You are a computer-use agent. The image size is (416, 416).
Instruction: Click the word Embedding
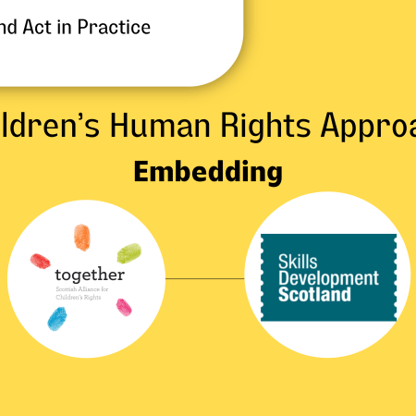[207, 172]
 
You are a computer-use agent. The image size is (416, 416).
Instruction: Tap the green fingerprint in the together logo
[128, 252]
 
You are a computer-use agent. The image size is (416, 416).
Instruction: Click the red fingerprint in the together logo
[40, 261]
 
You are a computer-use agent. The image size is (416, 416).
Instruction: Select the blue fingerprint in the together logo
[56, 318]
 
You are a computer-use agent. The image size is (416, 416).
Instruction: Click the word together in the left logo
[89, 275]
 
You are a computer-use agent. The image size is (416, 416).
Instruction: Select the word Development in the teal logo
[329, 277]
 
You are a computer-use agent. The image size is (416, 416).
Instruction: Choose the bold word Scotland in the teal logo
[315, 295]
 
